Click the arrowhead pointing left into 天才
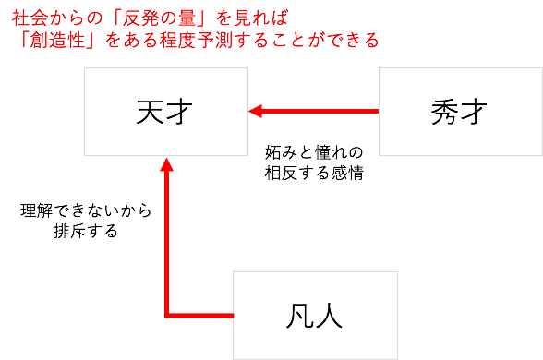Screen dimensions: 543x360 pyautogui.click(x=255, y=112)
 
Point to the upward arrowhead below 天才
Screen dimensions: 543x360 pyautogui.click(x=166, y=164)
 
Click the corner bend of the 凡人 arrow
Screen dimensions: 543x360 pyautogui.click(x=166, y=316)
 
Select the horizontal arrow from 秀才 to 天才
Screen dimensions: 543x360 pyautogui.click(x=313, y=112)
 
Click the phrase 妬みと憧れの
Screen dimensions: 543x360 pyautogui.click(x=314, y=152)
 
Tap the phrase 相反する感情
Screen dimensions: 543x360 pyautogui.click(x=314, y=173)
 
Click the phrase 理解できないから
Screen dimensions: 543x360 pyautogui.click(x=86, y=210)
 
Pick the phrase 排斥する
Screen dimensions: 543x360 pyautogui.click(x=86, y=231)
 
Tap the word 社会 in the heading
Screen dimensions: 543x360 pyautogui.click(x=30, y=18)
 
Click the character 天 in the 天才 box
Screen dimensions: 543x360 pyautogui.click(x=150, y=112)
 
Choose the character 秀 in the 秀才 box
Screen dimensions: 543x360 pyautogui.click(x=445, y=112)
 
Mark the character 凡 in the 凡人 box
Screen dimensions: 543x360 pyautogui.click(x=299, y=316)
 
